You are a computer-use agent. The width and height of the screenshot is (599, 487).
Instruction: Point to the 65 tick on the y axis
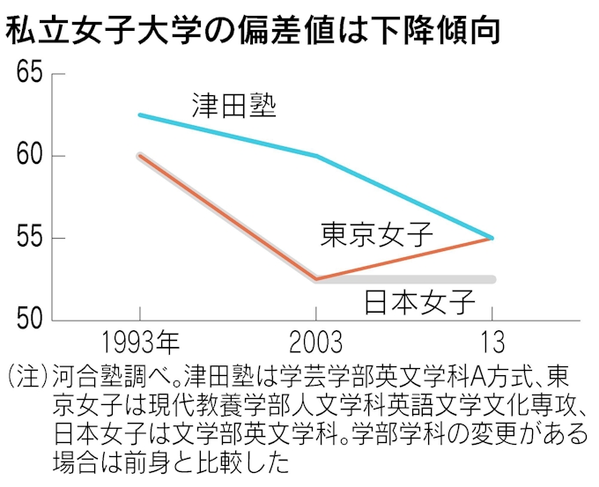(28, 74)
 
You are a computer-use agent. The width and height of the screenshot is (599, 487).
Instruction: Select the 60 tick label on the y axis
(28, 156)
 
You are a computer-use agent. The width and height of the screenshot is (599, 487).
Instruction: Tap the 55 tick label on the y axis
(28, 238)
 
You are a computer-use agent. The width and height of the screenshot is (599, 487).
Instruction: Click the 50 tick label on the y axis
(28, 319)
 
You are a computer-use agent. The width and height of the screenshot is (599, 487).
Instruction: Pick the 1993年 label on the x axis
(140, 343)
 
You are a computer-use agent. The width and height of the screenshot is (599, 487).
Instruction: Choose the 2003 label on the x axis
(315, 343)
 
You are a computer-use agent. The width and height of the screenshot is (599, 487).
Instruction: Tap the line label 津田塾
(234, 106)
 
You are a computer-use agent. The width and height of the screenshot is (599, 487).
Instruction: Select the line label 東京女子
(376, 234)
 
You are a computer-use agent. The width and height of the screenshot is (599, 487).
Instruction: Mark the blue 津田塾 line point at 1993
(140, 115)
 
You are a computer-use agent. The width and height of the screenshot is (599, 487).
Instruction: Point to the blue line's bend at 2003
(316, 156)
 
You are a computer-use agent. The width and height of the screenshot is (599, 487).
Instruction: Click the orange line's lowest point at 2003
(316, 278)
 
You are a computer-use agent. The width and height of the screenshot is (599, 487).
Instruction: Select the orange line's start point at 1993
(140, 156)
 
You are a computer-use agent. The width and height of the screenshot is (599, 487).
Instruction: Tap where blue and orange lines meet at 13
(492, 238)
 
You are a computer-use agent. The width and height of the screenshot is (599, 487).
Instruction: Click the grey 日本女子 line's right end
(493, 279)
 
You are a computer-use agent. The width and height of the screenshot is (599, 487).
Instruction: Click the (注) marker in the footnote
(26, 377)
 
